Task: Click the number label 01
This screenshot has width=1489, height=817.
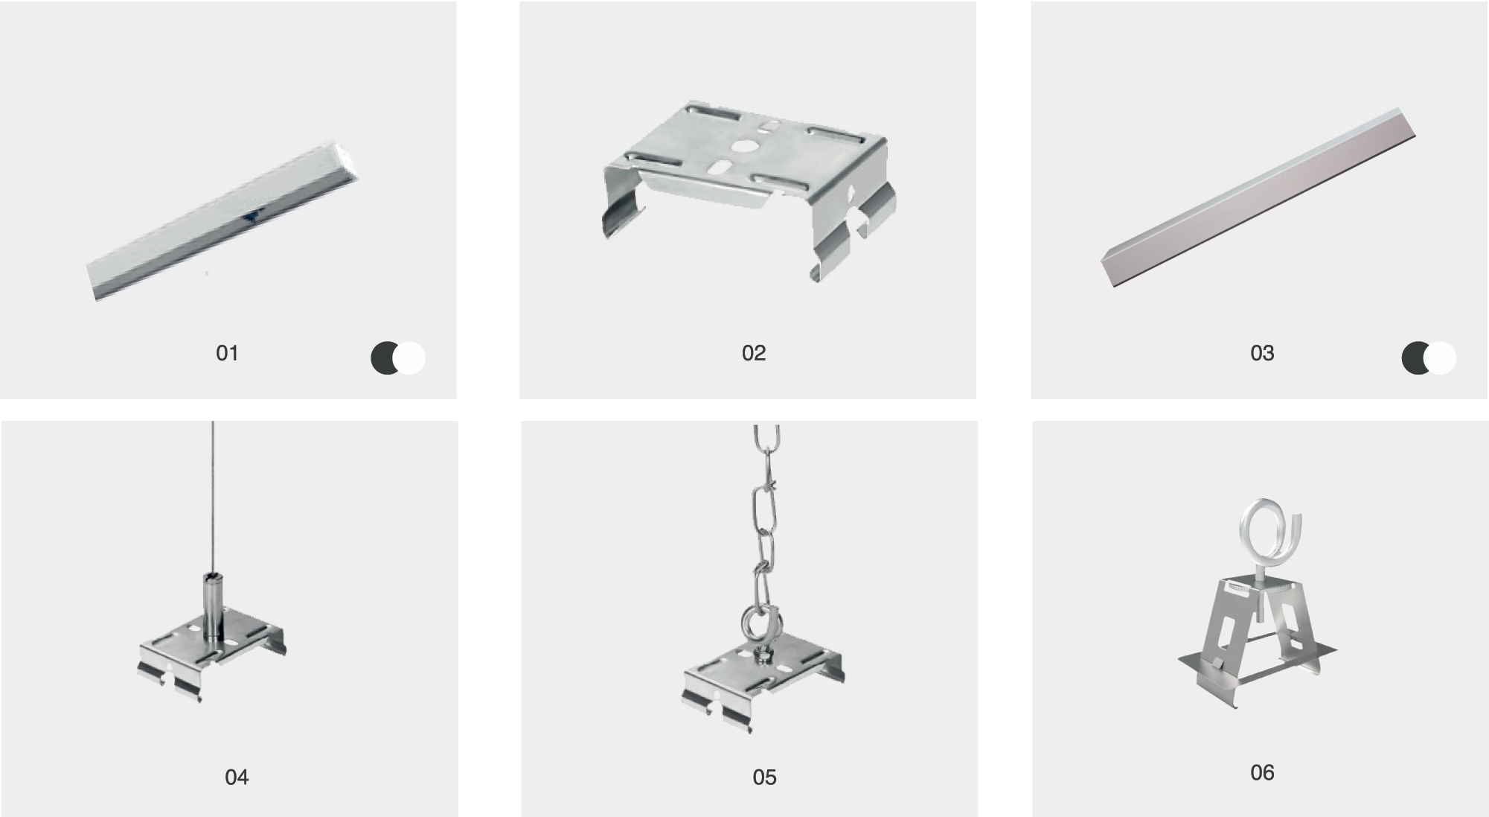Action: pyautogui.click(x=227, y=353)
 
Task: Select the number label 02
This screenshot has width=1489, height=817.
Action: pyautogui.click(x=753, y=353)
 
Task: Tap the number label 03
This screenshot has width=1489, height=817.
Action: pyautogui.click(x=1262, y=353)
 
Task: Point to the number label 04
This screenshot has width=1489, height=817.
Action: pyautogui.click(x=237, y=778)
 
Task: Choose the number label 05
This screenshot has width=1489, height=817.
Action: pyautogui.click(x=764, y=778)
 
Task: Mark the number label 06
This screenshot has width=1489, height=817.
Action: pyautogui.click(x=1262, y=773)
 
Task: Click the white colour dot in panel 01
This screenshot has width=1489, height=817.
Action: pyautogui.click(x=409, y=358)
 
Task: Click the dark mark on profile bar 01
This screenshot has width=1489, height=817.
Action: pyautogui.click(x=250, y=216)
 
